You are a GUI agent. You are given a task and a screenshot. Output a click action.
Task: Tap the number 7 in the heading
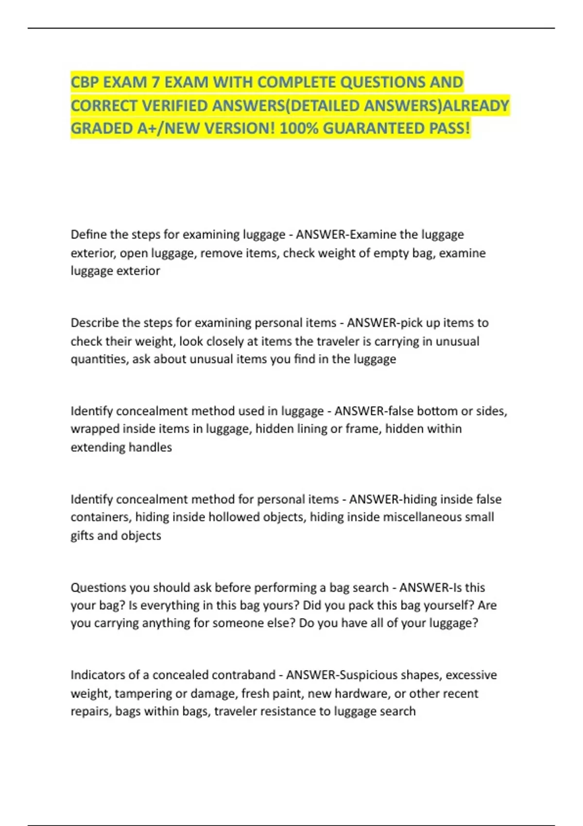[155, 82]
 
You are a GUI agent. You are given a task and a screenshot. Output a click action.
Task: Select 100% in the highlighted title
[299, 128]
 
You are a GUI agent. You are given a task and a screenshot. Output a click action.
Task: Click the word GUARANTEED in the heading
[374, 128]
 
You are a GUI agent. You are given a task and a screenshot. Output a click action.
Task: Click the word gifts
[82, 535]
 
